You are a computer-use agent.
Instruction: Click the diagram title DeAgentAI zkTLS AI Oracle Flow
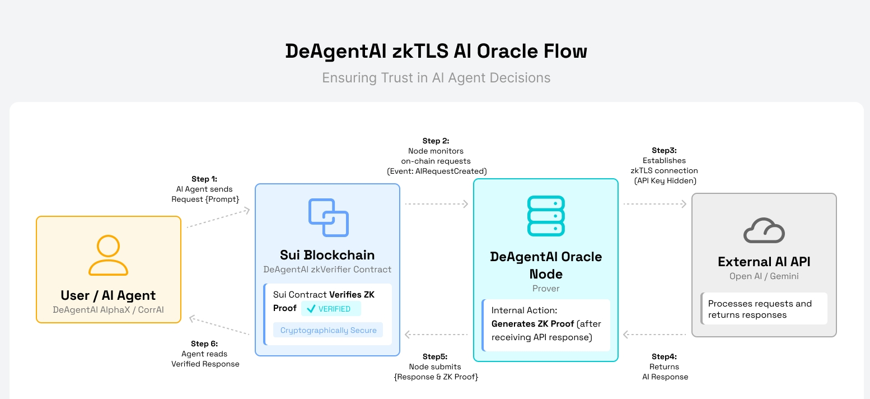pos(436,51)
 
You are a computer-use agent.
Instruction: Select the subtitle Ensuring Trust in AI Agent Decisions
pos(436,78)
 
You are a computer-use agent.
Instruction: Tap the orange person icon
pos(108,255)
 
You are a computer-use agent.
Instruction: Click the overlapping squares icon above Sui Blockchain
pos(328,217)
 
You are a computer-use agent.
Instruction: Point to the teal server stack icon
pos(546,216)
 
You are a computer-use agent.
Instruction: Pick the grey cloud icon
pos(764,230)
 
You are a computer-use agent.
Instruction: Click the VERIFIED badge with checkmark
pos(331,309)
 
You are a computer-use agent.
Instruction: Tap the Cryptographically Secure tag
pos(328,330)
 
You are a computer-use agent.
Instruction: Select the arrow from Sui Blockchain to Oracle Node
pos(436,204)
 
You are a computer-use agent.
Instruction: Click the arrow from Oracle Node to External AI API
pos(654,204)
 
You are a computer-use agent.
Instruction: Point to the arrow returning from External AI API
pos(654,335)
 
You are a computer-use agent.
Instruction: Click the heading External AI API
pos(764,262)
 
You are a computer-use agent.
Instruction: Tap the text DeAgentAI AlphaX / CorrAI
pos(108,309)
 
